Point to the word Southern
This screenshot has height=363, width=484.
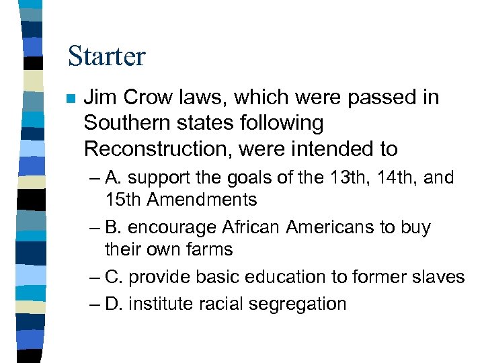124,123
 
